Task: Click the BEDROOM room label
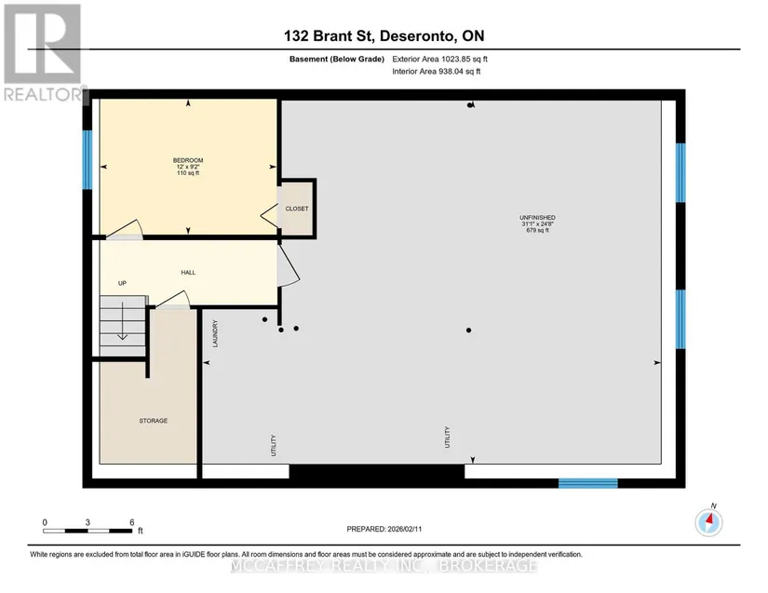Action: tap(188, 161)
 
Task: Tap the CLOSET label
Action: tap(297, 209)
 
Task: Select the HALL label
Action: tap(188, 272)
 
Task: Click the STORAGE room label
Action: tap(154, 421)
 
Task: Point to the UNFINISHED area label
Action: tap(537, 218)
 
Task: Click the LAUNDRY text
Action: tap(214, 334)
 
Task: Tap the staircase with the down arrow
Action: tap(124, 326)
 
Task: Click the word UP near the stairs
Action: tap(123, 283)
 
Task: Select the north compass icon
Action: tap(708, 522)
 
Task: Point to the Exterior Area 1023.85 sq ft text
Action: tap(439, 59)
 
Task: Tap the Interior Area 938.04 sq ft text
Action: tap(436, 72)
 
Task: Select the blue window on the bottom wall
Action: tap(588, 483)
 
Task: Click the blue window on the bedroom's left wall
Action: tap(88, 159)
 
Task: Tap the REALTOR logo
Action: tap(43, 52)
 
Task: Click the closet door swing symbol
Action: tap(269, 215)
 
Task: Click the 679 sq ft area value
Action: tap(537, 230)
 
